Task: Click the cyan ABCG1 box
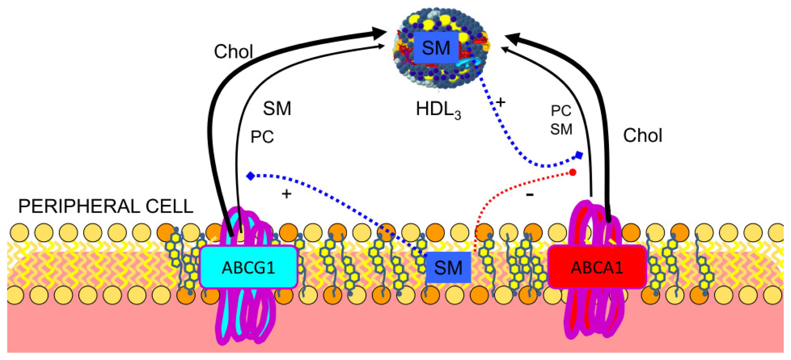[x=248, y=267]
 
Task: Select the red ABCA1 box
[x=597, y=267]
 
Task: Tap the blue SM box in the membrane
[x=448, y=268]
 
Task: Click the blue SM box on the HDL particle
[x=436, y=48]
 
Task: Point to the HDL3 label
[x=438, y=109]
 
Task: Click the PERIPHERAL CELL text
[x=106, y=206]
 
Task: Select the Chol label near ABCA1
[x=642, y=136]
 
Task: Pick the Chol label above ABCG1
[x=233, y=52]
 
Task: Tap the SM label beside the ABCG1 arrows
[x=277, y=109]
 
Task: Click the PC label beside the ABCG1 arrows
[x=262, y=137]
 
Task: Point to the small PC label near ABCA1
[x=561, y=111]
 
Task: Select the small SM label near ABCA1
[x=561, y=129]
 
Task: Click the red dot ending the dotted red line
[x=572, y=172]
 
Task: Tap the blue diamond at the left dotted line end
[x=250, y=176]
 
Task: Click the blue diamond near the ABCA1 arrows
[x=579, y=155]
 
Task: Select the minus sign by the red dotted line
[x=530, y=195]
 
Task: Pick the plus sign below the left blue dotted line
[x=287, y=194]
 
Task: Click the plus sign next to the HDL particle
[x=500, y=102]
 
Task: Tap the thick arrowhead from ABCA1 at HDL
[x=512, y=38]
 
